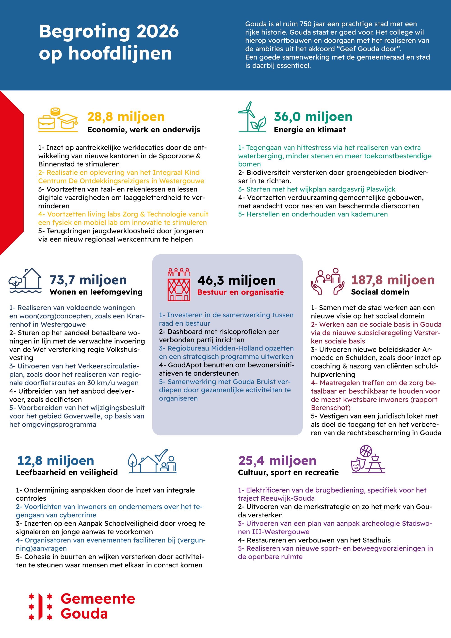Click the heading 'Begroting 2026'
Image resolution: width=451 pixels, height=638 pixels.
pos(109,31)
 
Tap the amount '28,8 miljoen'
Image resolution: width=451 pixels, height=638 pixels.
pos(126,117)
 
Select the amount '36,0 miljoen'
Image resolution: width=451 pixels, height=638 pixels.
pos(313,117)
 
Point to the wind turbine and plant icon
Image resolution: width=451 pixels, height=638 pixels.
pos(252,117)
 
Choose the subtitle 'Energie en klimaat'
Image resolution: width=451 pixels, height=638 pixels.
pos(310,130)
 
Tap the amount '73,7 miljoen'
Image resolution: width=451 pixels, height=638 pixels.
pos(88,280)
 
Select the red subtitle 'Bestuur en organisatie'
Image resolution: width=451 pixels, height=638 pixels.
pos(240,292)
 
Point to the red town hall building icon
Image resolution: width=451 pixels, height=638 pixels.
pos(179,285)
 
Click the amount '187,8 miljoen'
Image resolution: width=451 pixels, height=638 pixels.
pos(393,280)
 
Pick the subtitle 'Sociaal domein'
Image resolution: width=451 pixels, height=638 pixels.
pos(380,292)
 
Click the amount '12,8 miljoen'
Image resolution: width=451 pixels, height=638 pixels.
pos(55,461)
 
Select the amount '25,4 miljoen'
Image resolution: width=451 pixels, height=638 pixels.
pos(277,461)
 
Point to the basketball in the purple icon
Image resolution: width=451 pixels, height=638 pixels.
pos(366,451)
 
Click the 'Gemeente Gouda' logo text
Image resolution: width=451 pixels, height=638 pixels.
pos(98,606)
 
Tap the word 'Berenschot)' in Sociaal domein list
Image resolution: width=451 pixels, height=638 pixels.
pos(331,408)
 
